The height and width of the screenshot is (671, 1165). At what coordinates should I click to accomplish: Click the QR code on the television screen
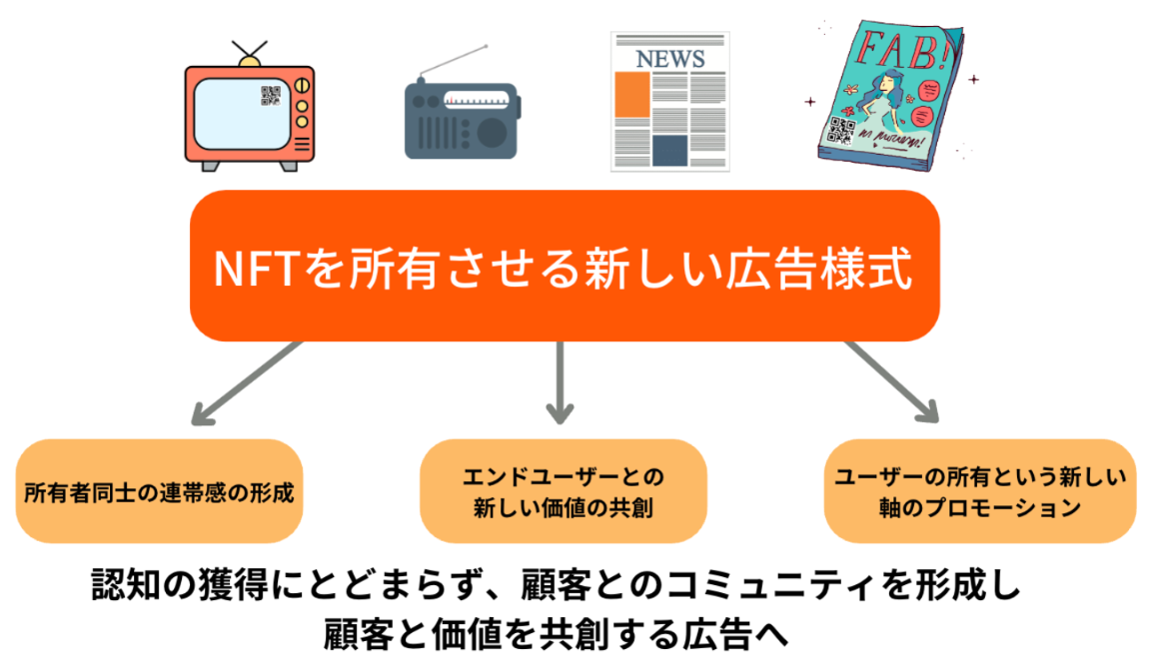tap(271, 96)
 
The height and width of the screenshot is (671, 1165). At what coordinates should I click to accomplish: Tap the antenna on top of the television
tap(250, 52)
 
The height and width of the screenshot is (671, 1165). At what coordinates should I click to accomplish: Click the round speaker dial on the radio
tap(492, 132)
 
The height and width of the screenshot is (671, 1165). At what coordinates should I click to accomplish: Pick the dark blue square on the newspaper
tap(669, 150)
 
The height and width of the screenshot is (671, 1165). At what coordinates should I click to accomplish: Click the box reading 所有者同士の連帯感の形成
tap(159, 493)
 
